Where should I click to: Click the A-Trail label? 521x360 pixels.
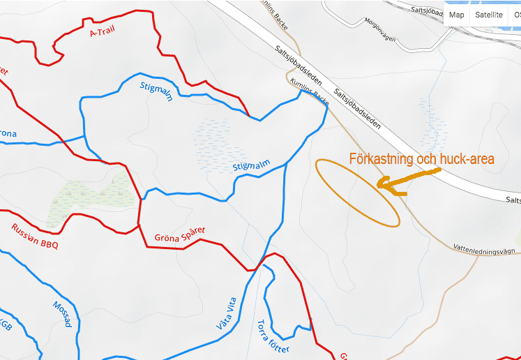click(x=102, y=31)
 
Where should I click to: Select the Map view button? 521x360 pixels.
click(x=457, y=15)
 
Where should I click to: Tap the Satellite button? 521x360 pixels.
click(x=488, y=15)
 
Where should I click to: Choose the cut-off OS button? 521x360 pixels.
click(x=516, y=15)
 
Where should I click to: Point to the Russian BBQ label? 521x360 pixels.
click(x=35, y=236)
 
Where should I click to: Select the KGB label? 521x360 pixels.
click(x=6, y=325)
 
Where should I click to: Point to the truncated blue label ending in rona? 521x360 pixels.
click(x=7, y=134)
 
